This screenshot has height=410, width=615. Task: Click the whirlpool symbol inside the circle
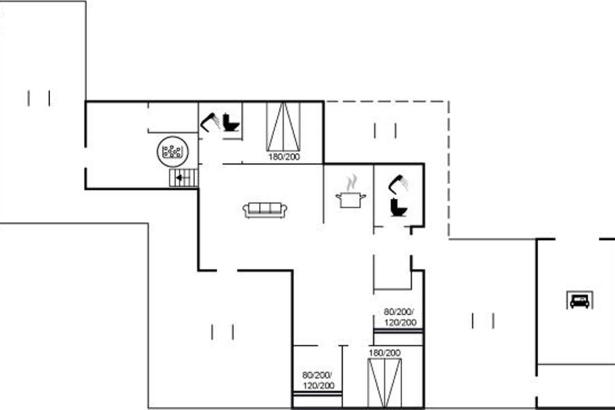point(173,152)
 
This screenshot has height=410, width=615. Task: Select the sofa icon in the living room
point(265,210)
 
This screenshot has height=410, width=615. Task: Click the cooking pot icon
point(351,200)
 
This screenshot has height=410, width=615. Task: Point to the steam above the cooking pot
point(352,182)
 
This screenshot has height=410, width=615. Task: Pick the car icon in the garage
point(580,301)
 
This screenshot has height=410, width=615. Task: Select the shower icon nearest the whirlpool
point(210,122)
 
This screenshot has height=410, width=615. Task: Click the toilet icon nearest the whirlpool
point(231,122)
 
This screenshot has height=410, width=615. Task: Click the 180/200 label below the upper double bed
point(284,157)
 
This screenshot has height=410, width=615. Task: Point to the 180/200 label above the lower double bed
point(385,353)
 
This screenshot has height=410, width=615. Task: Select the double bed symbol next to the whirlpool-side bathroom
point(283,127)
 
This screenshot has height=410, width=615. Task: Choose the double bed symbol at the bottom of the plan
point(385,383)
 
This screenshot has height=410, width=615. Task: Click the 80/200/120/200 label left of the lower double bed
point(318,380)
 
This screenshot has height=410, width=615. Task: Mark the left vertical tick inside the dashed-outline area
point(375,131)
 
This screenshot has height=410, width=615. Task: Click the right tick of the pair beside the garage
point(494,321)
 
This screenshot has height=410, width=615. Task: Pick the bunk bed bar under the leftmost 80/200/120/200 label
point(318,394)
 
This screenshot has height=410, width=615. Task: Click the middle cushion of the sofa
point(265,208)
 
